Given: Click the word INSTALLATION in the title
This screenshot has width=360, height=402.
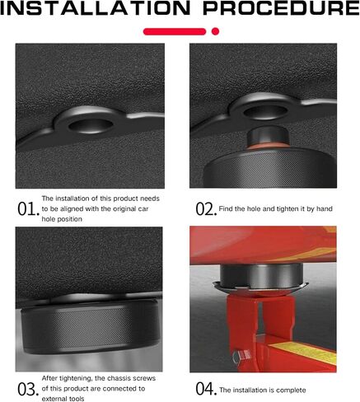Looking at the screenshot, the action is click(95, 8).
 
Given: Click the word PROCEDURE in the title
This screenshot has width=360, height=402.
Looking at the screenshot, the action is click(281, 8).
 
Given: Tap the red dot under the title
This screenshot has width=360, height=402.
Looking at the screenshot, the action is click(216, 31).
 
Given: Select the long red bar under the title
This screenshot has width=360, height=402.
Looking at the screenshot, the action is click(175, 31).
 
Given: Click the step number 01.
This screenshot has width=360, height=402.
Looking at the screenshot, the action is click(29, 209).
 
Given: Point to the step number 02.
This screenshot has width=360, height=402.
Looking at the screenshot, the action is click(206, 209).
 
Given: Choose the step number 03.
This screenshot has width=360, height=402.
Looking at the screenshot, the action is click(29, 389).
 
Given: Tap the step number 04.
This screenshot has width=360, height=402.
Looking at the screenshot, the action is click(206, 389).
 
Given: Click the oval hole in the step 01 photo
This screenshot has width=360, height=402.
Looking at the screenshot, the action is click(91, 126).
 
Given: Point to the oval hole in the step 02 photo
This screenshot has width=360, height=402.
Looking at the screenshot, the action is click(265, 111).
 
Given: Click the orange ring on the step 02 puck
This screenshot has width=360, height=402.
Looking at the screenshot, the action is click(268, 146).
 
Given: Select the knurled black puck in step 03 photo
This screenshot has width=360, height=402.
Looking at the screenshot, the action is click(89, 327).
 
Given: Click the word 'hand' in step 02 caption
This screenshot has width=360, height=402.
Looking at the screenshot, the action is click(325, 208).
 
